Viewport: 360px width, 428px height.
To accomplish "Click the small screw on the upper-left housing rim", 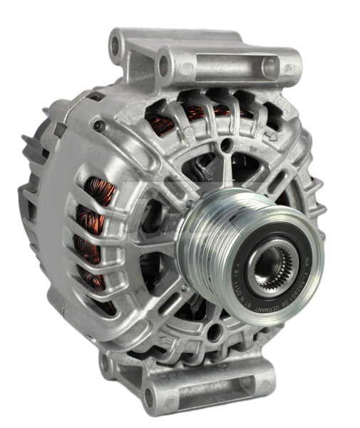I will [98, 128].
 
